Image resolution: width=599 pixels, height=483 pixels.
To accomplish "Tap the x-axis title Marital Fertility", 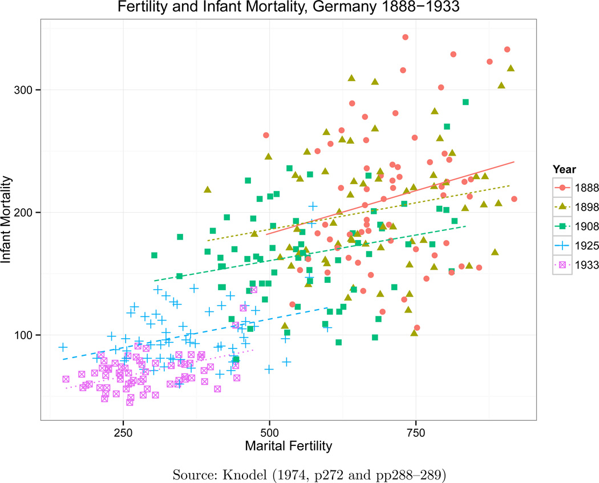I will tap(288, 445).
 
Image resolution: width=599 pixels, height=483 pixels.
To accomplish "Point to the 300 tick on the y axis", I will tap(28, 90).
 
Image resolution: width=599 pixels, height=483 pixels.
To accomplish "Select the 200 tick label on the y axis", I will tap(28, 213).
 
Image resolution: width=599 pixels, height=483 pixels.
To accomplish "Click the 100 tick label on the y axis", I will tap(28, 335).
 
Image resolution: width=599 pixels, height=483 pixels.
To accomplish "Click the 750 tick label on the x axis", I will tap(415, 431).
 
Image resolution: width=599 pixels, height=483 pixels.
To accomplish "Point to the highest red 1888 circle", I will tap(405, 37).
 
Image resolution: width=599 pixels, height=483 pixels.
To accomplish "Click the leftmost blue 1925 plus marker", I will tap(63, 347).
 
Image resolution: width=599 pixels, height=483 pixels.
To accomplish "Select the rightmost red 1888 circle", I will tap(514, 199).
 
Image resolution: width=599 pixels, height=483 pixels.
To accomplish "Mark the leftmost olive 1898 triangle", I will tap(208, 189).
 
